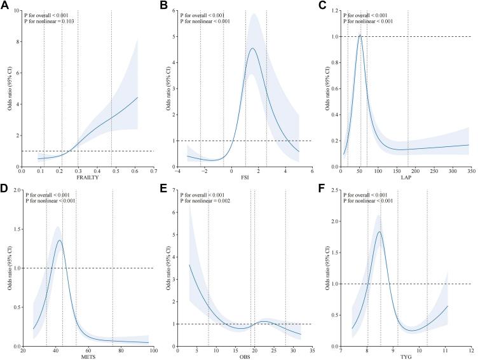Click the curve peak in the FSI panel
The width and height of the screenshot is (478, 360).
tap(252, 48)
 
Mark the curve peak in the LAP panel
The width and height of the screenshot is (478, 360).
tap(360, 36)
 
